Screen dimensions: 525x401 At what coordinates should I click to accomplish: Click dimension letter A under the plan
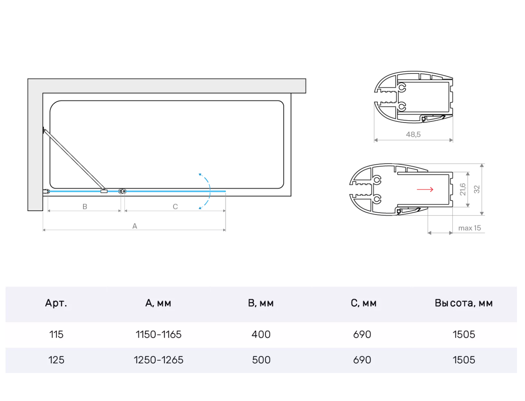point(135,226)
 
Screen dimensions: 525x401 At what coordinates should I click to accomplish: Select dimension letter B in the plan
point(85,207)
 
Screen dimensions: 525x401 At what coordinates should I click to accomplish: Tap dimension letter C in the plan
point(175,207)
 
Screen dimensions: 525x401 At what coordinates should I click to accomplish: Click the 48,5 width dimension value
point(413,134)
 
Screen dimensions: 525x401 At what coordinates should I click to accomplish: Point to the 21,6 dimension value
point(462,190)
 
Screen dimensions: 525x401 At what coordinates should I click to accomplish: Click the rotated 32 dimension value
point(477,190)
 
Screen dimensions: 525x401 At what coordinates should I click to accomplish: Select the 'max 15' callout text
point(469,228)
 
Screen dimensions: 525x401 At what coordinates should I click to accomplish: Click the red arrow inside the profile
point(425,190)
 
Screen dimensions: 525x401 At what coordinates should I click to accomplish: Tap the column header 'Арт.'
point(56,303)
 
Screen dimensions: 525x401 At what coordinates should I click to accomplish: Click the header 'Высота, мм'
point(464,303)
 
